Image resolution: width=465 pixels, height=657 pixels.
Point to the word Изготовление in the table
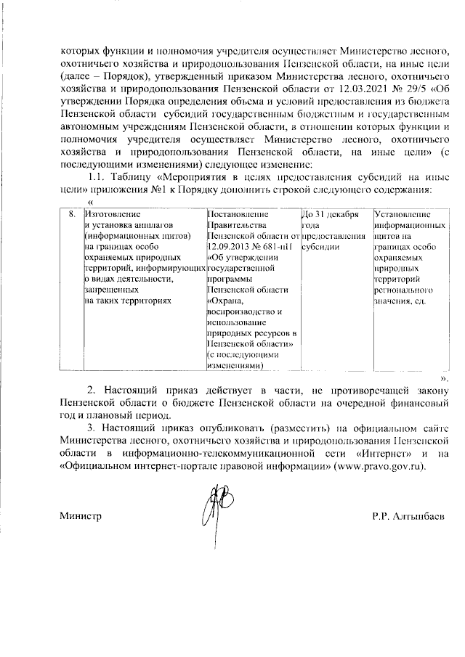(111, 215)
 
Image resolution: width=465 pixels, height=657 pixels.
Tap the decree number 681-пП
(278, 245)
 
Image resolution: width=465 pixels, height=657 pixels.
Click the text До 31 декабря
(331, 215)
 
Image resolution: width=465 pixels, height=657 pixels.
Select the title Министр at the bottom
(80, 516)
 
